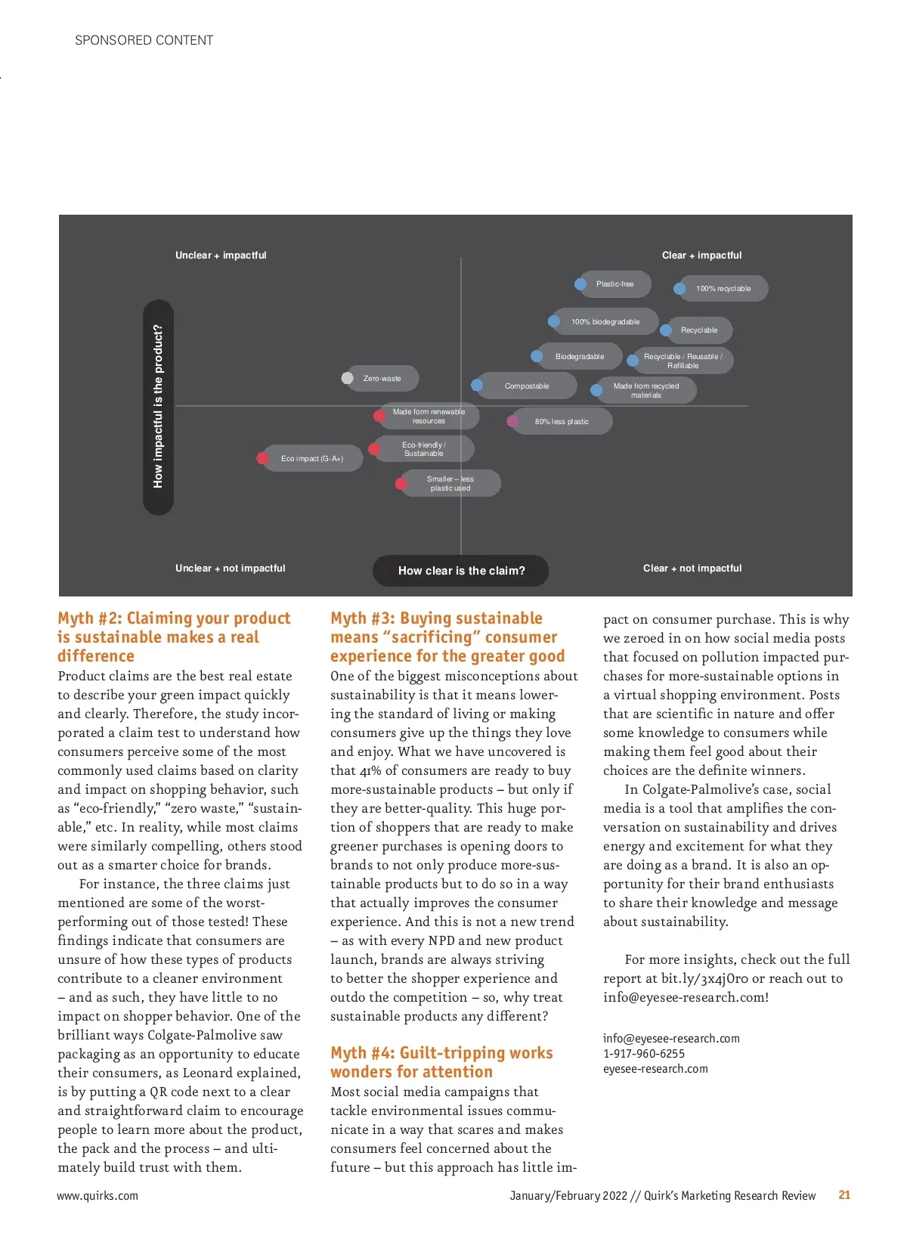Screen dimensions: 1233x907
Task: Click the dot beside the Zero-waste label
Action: [348, 378]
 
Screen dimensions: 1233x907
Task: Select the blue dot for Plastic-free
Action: [580, 284]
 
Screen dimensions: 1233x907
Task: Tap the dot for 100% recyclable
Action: [679, 288]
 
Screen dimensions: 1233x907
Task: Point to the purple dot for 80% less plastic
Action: [512, 421]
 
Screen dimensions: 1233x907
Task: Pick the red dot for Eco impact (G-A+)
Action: [262, 458]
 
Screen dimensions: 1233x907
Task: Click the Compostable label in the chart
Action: [527, 386]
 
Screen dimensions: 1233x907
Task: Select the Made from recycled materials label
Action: [646, 390]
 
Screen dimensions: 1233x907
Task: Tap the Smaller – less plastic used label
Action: [450, 483]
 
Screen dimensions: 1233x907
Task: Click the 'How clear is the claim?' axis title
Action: [461, 571]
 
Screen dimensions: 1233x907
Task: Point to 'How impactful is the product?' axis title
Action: [158, 407]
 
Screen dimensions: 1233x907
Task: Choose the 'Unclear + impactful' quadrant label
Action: [221, 256]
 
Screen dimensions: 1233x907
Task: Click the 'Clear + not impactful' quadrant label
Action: [692, 568]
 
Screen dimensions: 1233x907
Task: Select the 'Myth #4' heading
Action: [441, 1062]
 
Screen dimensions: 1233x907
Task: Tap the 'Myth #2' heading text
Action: [174, 637]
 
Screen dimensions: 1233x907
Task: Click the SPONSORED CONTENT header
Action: [144, 40]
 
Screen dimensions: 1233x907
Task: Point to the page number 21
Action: [844, 1195]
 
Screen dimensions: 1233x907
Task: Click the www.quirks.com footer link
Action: [98, 1196]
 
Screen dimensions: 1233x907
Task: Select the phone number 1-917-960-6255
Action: [644, 1054]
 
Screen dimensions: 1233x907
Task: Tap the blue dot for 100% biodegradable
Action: [554, 321]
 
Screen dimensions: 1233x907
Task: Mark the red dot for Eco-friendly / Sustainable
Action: [374, 449]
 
